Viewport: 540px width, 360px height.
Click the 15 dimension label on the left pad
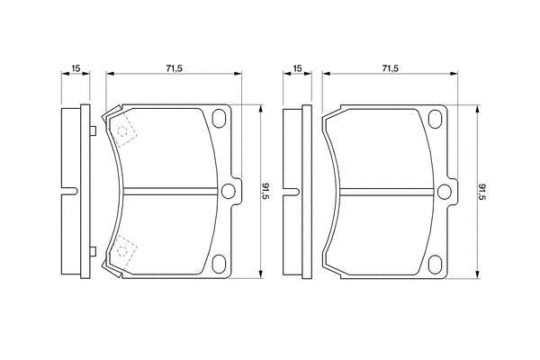coord(76,68)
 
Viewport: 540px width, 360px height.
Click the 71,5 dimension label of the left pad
coord(174,68)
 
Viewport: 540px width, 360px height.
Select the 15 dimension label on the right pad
coord(297,68)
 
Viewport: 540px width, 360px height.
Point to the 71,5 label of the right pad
coord(391,68)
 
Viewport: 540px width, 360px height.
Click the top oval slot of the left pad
coord(219,118)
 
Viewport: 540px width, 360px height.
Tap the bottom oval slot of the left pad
coord(219,265)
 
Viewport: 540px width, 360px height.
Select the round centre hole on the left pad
coord(229,191)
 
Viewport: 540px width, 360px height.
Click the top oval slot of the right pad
coord(435,119)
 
